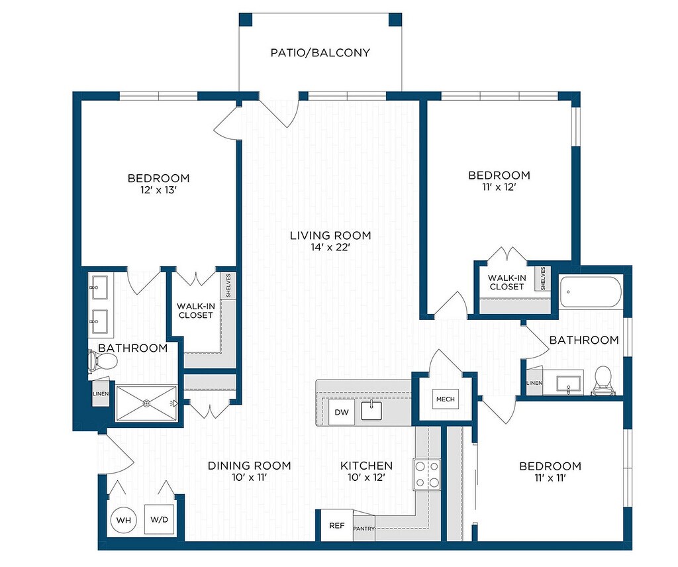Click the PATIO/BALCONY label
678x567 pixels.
tap(320, 53)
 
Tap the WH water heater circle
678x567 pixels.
tap(124, 520)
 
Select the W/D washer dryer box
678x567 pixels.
tap(159, 519)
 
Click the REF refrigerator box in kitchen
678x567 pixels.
tap(337, 525)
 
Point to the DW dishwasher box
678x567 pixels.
tap(342, 412)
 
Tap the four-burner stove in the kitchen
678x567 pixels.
tap(427, 474)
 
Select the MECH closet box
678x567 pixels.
tap(446, 399)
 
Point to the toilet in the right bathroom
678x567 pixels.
tap(603, 381)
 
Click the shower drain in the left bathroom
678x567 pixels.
tap(147, 403)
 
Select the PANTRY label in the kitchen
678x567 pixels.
tap(363, 529)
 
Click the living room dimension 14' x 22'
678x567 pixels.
tap(331, 247)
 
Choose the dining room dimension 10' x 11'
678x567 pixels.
tap(249, 478)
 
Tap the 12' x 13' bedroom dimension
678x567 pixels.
tap(159, 190)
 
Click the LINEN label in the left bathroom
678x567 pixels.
tap(101, 394)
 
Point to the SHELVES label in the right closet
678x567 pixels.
tap(543, 278)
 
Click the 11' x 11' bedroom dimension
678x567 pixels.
tap(550, 478)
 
